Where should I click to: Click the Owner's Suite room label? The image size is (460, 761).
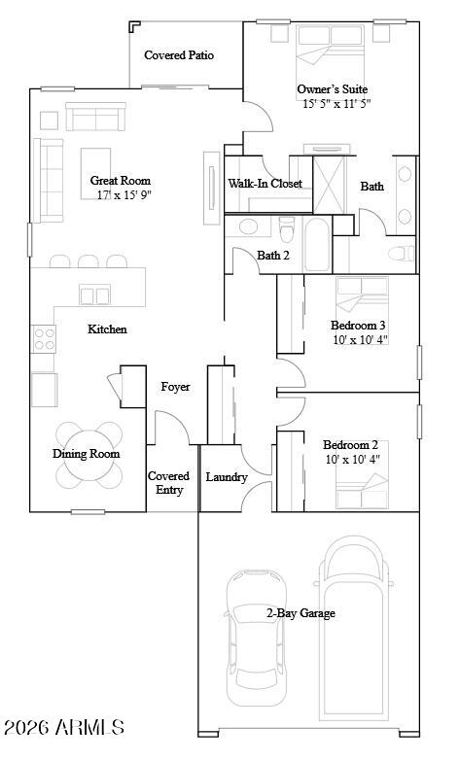point(333,88)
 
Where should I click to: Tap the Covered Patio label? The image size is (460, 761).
point(179,55)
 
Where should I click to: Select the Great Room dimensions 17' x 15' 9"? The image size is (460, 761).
point(124,195)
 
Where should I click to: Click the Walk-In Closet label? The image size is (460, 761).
point(265,184)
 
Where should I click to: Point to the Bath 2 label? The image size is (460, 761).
point(273,256)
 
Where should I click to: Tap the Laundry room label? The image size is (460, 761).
point(227,477)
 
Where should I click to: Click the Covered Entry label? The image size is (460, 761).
point(168,483)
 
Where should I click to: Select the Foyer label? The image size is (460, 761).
point(175,387)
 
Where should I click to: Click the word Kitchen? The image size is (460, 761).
point(107,329)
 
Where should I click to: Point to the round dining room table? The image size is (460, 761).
point(88,455)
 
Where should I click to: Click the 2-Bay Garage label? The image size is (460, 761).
point(301,613)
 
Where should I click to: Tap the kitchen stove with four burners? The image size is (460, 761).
point(45,337)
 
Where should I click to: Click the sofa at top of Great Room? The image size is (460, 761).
point(95,119)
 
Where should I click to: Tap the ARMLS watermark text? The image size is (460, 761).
point(63,727)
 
